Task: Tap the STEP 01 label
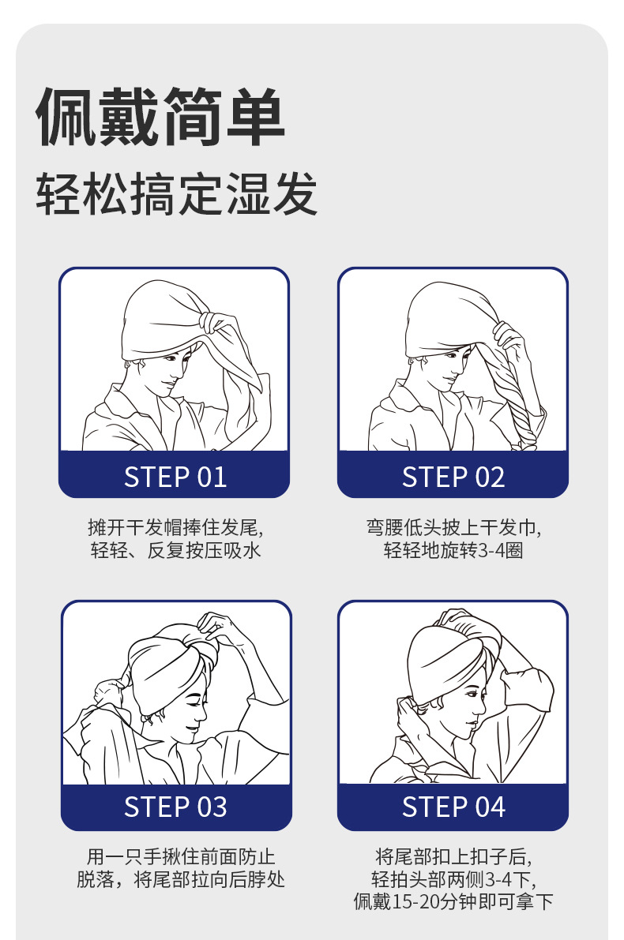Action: tap(175, 477)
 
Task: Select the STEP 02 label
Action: tap(453, 477)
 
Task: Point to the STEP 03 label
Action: tap(175, 807)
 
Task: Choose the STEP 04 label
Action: tap(453, 807)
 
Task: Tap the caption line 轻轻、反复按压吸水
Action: tap(175, 550)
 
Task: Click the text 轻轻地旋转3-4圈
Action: tap(453, 550)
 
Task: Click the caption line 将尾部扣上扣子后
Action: tap(453, 856)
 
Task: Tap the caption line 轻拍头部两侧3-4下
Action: tap(453, 879)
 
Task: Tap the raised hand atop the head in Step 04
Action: tap(458, 620)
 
